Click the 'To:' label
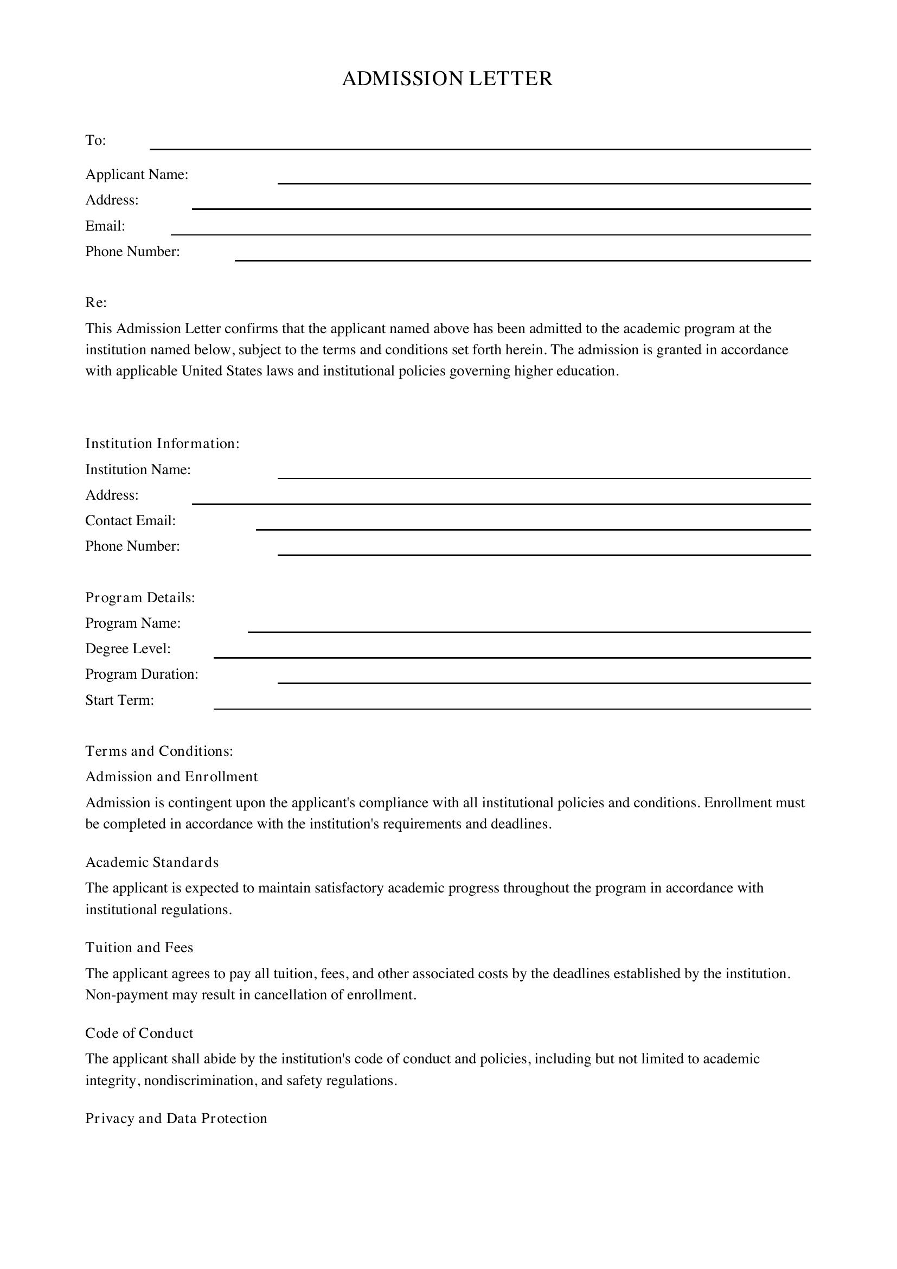point(95,141)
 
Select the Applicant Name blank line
point(543,178)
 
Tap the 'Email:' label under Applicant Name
point(105,226)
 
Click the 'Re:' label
point(95,302)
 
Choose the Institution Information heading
point(162,443)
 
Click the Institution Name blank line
point(543,473)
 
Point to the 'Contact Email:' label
point(130,521)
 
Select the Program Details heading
point(140,597)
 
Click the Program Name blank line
point(529,627)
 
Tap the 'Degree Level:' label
point(127,648)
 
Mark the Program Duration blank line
point(543,678)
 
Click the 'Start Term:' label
point(119,700)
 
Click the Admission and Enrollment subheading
point(171,776)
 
